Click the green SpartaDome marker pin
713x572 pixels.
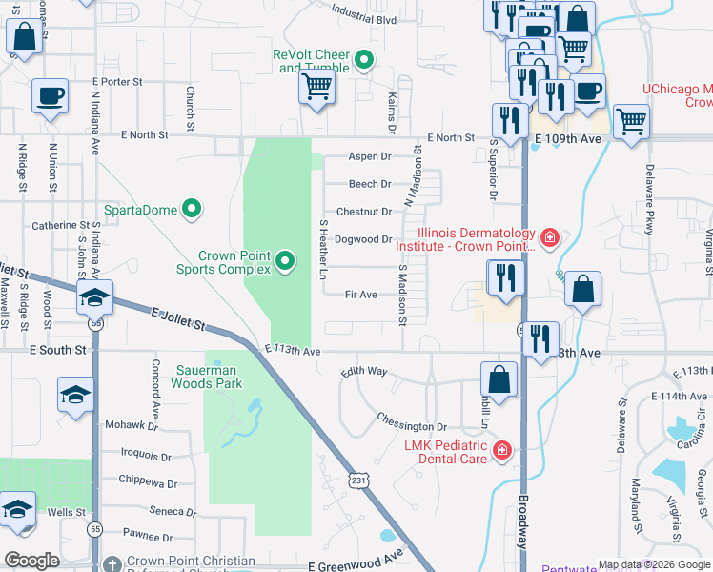[x=192, y=208]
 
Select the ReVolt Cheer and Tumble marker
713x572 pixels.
[x=363, y=62]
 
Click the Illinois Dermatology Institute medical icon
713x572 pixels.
[x=549, y=236]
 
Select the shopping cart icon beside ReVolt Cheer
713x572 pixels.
[x=316, y=89]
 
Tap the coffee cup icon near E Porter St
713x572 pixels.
[x=50, y=96]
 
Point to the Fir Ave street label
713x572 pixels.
[x=362, y=295]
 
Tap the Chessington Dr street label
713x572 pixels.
[x=411, y=427]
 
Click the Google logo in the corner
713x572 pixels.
[x=31, y=560]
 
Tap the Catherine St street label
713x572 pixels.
[x=60, y=225]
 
